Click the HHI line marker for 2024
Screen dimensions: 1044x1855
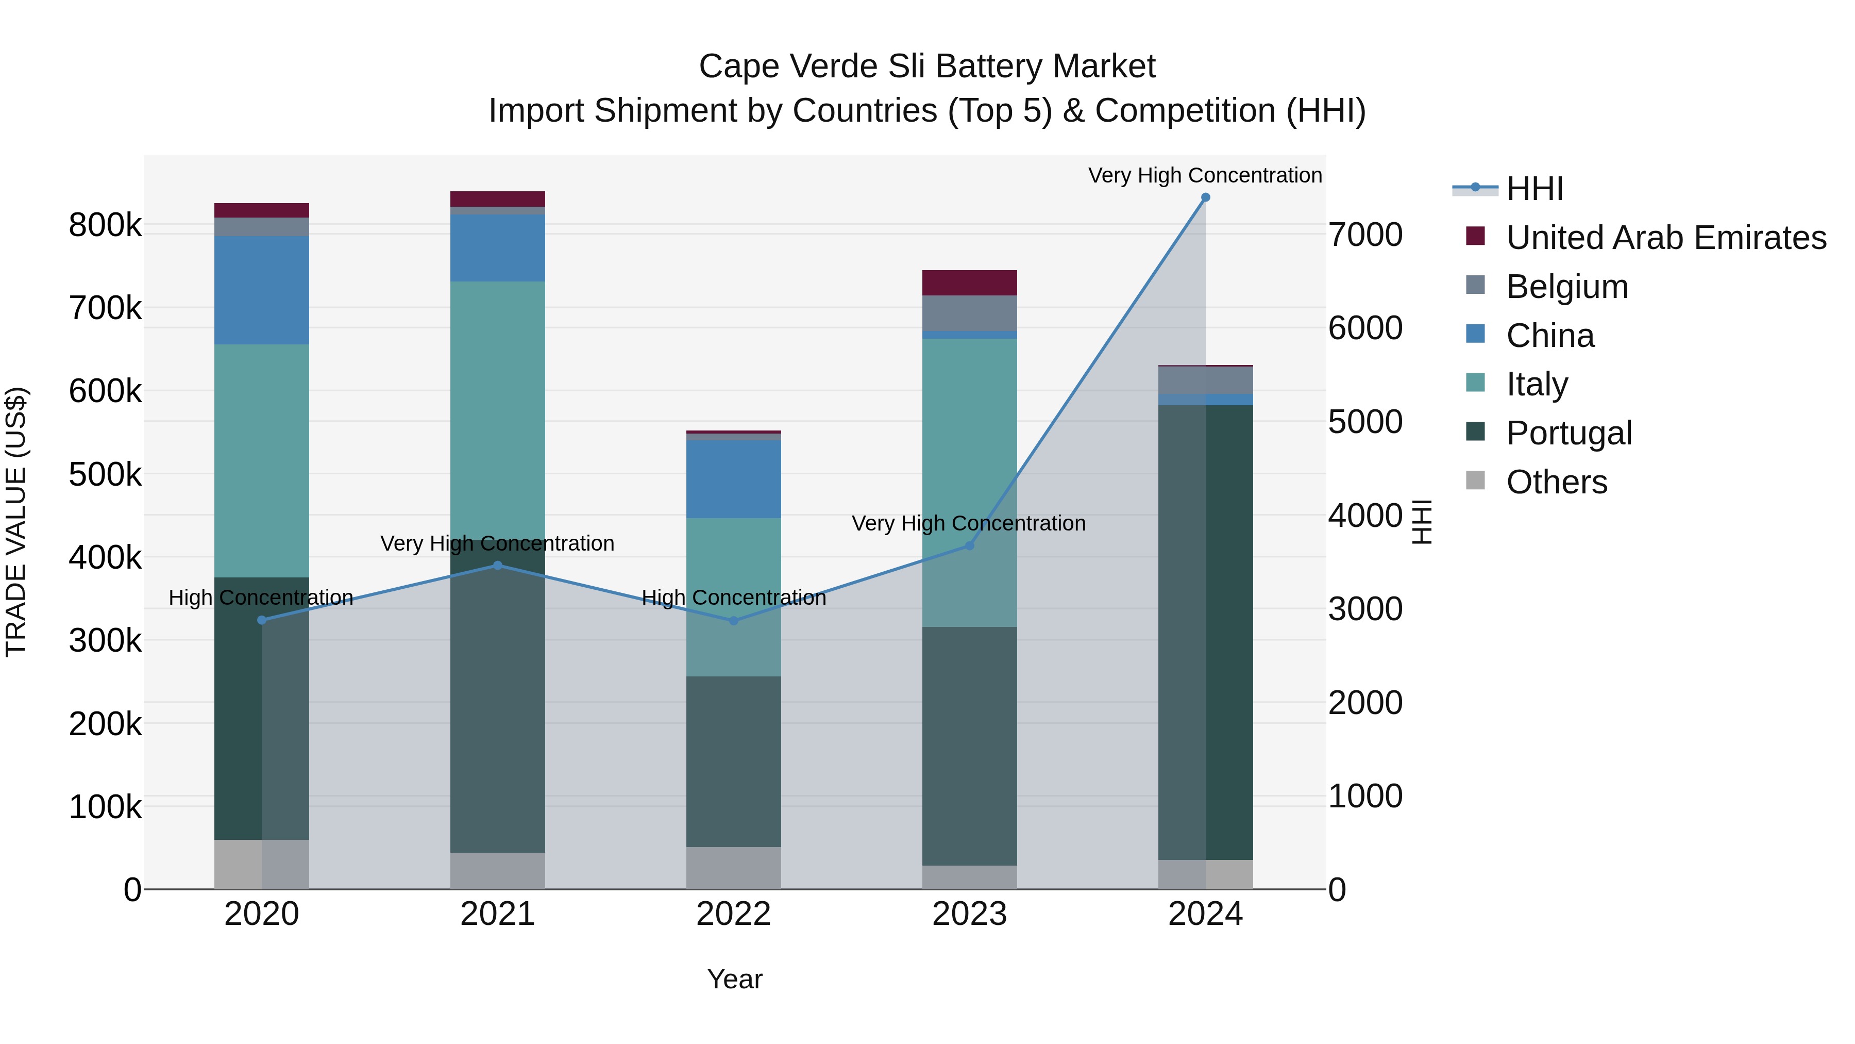tap(1205, 197)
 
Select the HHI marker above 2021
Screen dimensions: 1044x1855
tap(498, 566)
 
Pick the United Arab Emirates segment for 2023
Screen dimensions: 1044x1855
tap(969, 283)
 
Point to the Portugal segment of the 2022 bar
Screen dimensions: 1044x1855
tap(733, 761)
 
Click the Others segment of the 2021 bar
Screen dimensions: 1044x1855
tap(498, 871)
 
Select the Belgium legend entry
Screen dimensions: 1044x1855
tap(1567, 287)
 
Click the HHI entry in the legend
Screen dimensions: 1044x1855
tap(1534, 189)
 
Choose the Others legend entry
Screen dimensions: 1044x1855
tap(1556, 482)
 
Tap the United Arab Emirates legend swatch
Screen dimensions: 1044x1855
tap(1476, 236)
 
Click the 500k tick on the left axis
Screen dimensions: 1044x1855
tap(105, 475)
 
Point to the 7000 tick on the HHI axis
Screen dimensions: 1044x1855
tap(1364, 235)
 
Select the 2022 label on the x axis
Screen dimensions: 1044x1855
tap(733, 914)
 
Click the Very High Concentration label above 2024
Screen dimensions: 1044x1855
tap(1205, 175)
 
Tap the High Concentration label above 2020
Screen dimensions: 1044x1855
tap(261, 598)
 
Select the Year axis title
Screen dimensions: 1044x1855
tap(734, 979)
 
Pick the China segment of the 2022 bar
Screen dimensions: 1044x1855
tap(733, 479)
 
